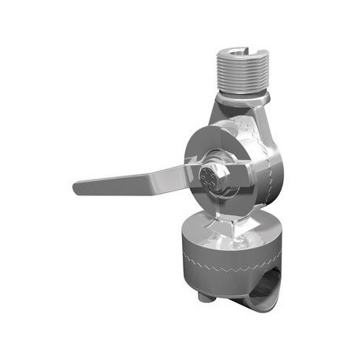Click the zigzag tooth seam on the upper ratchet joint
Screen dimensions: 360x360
click(x=264, y=170)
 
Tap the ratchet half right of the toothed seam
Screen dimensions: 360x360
click(x=272, y=170)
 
